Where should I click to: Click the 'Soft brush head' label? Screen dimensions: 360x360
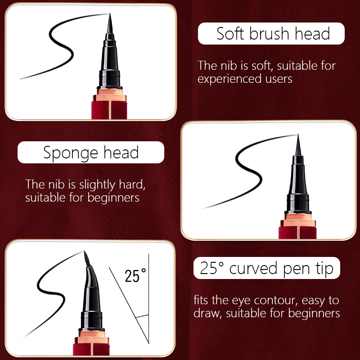(271, 34)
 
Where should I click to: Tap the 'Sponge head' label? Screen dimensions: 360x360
(90, 153)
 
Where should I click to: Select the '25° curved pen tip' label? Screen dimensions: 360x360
(267, 269)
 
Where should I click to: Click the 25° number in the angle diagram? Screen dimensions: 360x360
(135, 275)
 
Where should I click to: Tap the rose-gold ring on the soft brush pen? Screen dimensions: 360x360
(109, 97)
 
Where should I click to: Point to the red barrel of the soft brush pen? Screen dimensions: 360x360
(109, 110)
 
